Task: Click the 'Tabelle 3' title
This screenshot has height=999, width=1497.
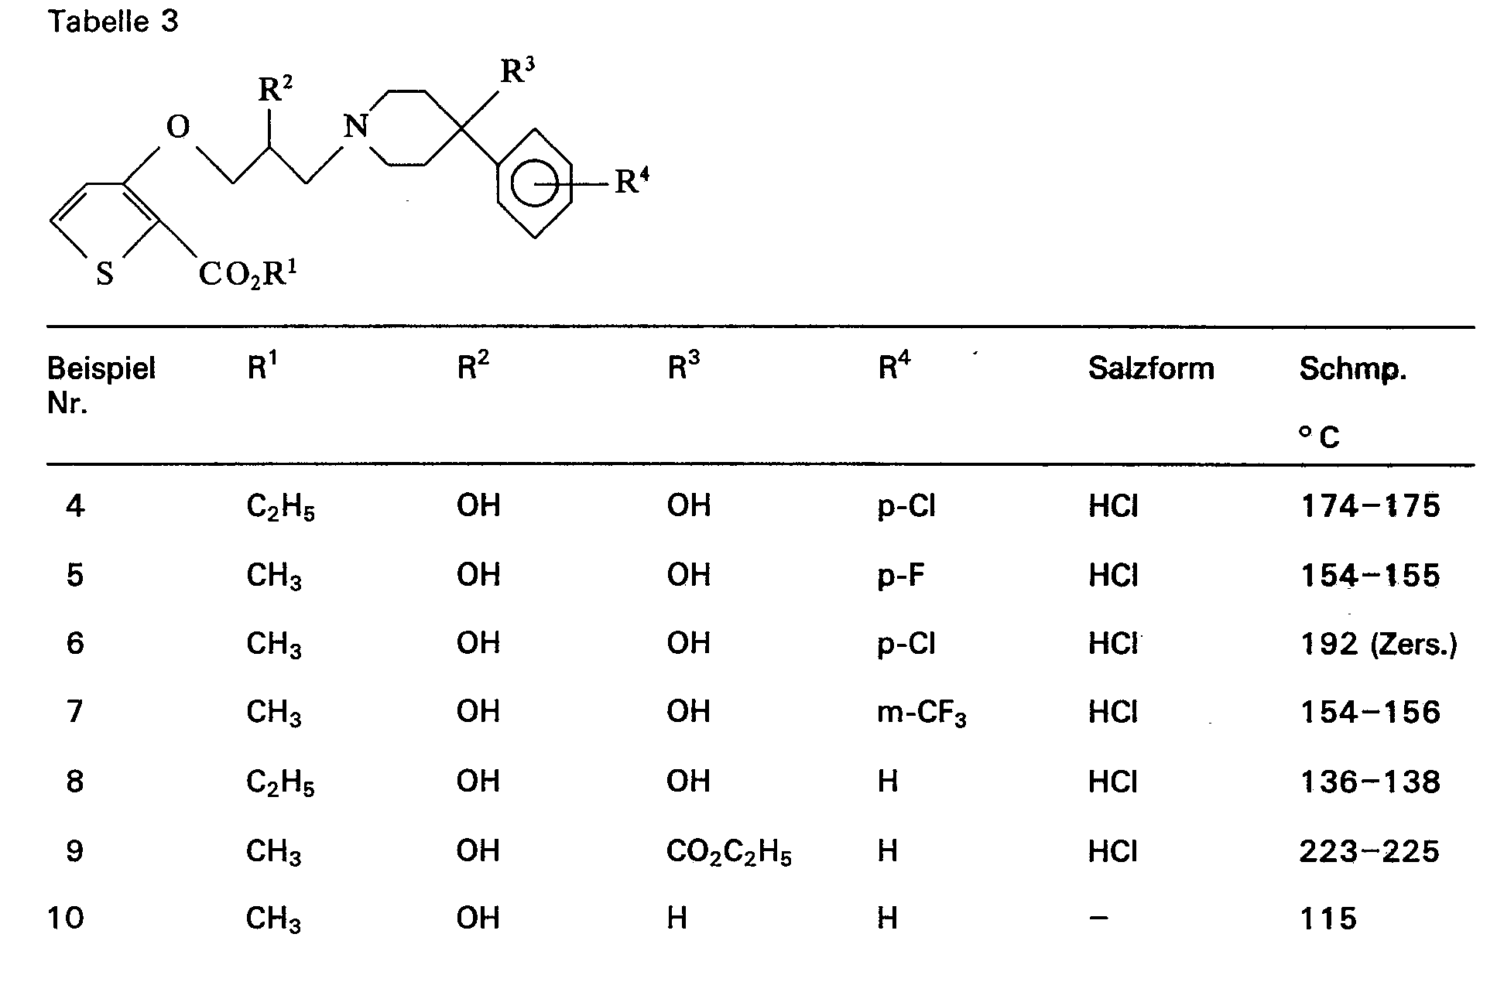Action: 113,22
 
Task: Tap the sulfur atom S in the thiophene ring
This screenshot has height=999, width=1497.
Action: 104,274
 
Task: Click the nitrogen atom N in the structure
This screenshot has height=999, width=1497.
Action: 355,126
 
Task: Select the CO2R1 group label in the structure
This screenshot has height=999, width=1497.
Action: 248,274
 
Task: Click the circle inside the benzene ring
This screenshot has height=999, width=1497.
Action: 535,183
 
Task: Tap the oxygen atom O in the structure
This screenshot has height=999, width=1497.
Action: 178,126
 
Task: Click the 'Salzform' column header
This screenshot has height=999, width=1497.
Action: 1150,368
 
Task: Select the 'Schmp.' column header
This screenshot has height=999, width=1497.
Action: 1352,369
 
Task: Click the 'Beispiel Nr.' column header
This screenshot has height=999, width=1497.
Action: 101,385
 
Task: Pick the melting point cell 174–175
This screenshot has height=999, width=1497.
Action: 1370,506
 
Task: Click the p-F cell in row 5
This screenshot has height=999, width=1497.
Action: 901,575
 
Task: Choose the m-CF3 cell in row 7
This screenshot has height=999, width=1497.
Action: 921,713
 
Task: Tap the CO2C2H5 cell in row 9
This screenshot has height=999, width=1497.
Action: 728,852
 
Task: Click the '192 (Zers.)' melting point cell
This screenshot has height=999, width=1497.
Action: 1379,644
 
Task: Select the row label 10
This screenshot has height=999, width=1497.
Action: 66,918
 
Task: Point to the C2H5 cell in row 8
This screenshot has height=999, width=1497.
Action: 280,782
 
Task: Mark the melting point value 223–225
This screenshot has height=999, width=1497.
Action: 1369,851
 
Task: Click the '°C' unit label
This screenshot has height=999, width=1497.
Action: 1319,437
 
